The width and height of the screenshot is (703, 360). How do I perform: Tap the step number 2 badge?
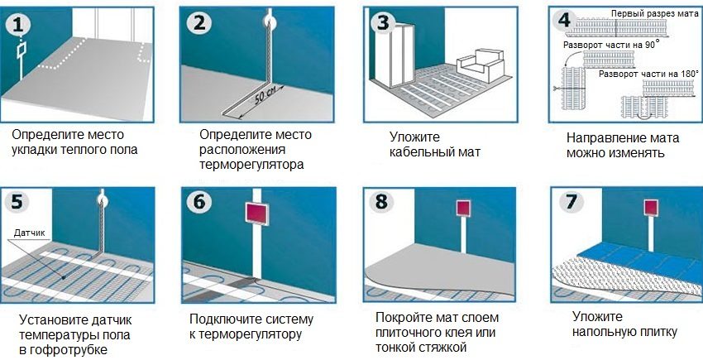coord(198,23)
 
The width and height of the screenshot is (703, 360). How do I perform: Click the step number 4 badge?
coord(565,18)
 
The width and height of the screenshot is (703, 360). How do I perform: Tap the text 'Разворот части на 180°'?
coord(648,74)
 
